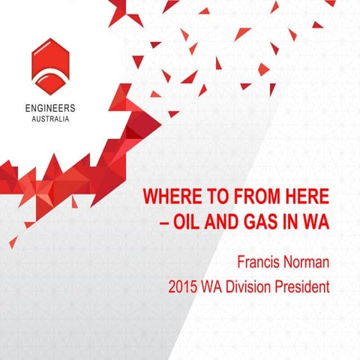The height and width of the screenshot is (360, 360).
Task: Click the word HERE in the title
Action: [307, 199]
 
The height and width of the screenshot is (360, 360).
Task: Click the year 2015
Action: [187, 286]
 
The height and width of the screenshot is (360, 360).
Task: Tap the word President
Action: [305, 286]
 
